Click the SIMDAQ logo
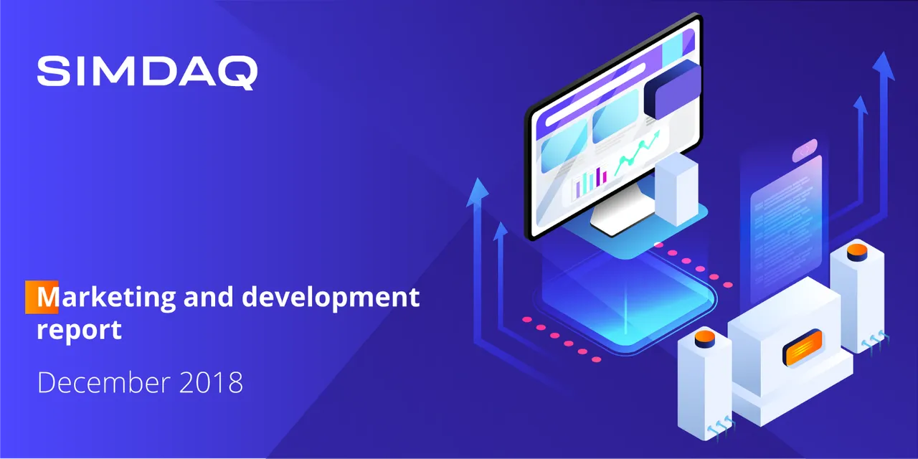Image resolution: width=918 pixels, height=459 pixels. [148, 72]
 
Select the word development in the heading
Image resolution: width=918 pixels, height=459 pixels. [331, 298]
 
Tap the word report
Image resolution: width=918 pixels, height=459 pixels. [79, 330]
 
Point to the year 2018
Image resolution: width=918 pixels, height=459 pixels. [211, 383]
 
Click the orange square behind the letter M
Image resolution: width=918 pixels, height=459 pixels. [42, 297]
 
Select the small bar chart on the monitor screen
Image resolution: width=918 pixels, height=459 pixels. [590, 182]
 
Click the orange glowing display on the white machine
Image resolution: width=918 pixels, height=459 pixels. [803, 348]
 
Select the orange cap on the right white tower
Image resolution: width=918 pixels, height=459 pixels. [857, 252]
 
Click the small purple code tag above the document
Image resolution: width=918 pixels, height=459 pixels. [805, 150]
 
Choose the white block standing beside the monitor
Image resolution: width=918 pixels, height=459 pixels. [676, 189]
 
